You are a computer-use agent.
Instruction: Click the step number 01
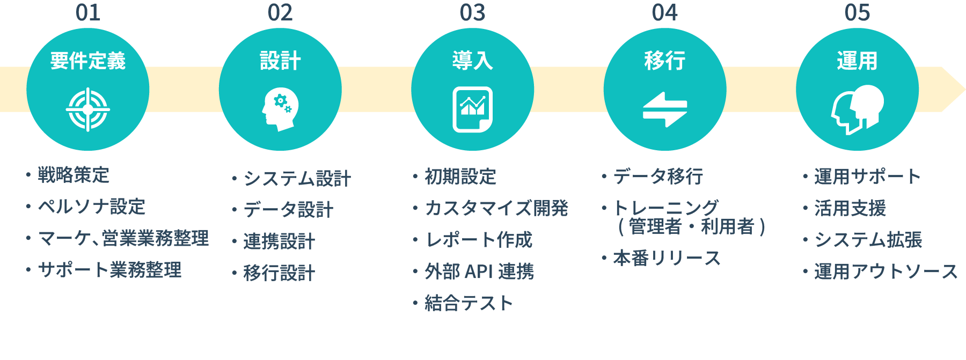pos(88,13)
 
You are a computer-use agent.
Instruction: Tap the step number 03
pos(472,13)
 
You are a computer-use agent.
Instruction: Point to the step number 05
pos(857,13)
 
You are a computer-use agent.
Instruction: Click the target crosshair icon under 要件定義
pos(88,109)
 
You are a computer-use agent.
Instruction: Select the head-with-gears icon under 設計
pos(280,109)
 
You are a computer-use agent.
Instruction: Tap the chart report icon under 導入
pos(472,109)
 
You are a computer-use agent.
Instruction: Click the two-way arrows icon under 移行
pos(665,109)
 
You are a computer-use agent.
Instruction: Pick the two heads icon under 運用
pos(857,109)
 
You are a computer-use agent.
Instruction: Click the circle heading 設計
pos(280,61)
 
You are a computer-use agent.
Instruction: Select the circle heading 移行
pos(665,61)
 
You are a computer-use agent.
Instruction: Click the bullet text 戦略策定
pos(74,175)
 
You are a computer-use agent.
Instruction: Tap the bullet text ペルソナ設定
pos(92,207)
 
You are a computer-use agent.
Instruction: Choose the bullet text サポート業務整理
pos(109,270)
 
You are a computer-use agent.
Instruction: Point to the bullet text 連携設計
pos(279,241)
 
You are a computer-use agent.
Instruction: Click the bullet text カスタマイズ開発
pos(496,208)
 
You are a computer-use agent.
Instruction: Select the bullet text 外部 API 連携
pos(479,271)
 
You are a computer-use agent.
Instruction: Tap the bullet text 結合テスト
pos(469,303)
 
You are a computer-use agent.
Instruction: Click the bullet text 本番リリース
pos(667,258)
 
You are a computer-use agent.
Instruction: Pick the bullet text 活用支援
pos(850,208)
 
